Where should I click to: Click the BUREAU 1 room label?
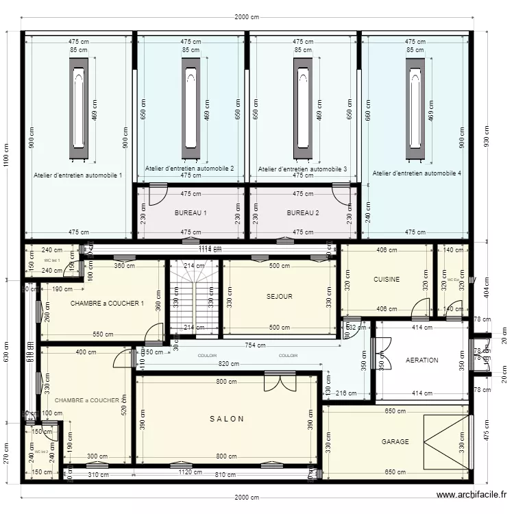(191, 213)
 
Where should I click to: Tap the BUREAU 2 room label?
(303, 213)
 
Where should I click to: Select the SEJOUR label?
(280, 297)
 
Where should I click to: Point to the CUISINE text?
(387, 280)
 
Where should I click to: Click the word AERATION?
(421, 360)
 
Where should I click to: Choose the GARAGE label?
(395, 442)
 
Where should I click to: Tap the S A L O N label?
(227, 419)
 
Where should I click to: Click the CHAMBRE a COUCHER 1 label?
(107, 303)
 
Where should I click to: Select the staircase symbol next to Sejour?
(194, 298)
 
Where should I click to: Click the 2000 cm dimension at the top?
(247, 18)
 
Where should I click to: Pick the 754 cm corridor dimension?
(255, 345)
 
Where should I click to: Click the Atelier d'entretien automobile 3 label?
(302, 169)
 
